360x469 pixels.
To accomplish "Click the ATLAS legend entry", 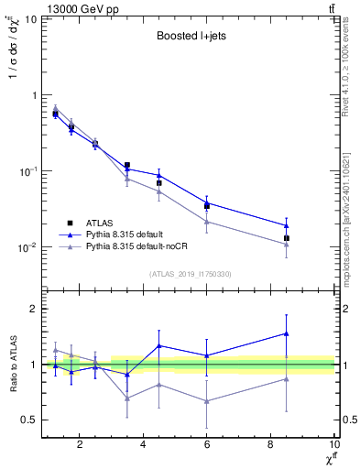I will click(x=104, y=223).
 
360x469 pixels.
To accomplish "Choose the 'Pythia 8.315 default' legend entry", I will click(x=136, y=234).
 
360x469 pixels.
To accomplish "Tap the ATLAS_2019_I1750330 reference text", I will click(x=189, y=274).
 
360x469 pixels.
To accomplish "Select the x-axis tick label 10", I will click(x=333, y=446).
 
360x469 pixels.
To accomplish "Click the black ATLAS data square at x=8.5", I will click(x=287, y=238).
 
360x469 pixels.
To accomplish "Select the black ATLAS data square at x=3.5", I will click(x=127, y=165).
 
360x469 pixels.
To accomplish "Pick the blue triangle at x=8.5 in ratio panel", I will click(x=287, y=333).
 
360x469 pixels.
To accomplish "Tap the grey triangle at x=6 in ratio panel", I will click(x=207, y=401).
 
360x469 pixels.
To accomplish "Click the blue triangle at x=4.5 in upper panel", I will click(x=159, y=175).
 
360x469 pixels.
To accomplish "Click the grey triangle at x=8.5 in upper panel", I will click(x=287, y=244).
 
